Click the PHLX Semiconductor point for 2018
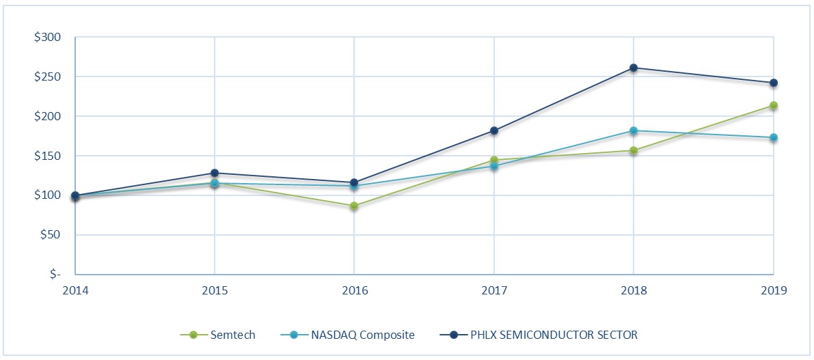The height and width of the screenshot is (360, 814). (x=634, y=68)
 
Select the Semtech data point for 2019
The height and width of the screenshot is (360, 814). (x=774, y=105)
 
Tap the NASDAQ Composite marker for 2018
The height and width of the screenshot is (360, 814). (x=634, y=130)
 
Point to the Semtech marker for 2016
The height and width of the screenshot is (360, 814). (x=354, y=206)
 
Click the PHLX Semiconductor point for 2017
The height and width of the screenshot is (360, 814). (x=494, y=130)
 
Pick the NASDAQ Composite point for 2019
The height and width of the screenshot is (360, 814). (x=774, y=137)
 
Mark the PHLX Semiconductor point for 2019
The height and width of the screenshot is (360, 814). (x=774, y=83)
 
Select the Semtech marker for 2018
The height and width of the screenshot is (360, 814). (x=634, y=150)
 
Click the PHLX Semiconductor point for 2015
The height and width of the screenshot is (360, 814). (x=215, y=173)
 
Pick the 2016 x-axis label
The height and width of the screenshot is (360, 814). (x=354, y=290)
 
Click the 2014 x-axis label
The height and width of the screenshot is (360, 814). (x=75, y=290)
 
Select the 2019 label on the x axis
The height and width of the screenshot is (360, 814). (x=774, y=290)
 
